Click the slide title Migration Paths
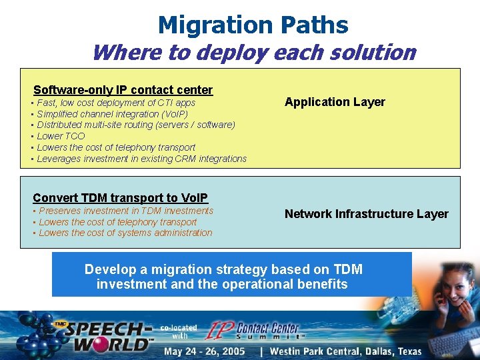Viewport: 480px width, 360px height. (x=253, y=25)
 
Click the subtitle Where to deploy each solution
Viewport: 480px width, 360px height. (x=253, y=52)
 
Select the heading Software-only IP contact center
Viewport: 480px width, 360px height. (x=123, y=89)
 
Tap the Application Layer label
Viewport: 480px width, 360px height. (x=335, y=102)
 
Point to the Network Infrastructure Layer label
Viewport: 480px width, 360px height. (x=366, y=214)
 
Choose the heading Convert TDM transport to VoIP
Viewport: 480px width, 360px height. (x=120, y=197)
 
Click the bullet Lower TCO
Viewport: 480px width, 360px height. (x=61, y=136)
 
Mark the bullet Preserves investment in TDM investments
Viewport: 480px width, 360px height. (x=125, y=211)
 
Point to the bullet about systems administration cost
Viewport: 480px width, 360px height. (x=125, y=233)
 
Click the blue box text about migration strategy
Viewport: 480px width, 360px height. (x=223, y=277)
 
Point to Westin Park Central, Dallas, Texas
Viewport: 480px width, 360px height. (x=345, y=351)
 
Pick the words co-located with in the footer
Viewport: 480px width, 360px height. (x=178, y=331)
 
